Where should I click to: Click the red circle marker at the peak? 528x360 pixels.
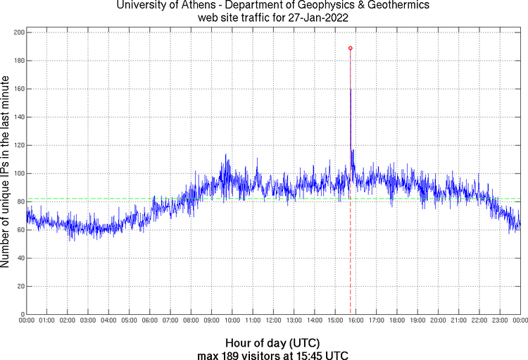pyautogui.click(x=351, y=48)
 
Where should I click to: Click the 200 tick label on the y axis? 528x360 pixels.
pyautogui.click(x=18, y=32)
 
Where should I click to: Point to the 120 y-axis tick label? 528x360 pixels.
pyautogui.click(x=18, y=145)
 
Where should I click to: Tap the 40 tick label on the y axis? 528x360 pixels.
pyautogui.click(x=20, y=258)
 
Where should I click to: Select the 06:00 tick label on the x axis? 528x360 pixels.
pyautogui.click(x=149, y=321)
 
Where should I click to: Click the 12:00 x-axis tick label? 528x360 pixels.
pyautogui.click(x=273, y=321)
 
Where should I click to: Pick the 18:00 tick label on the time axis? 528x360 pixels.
pyautogui.click(x=396, y=321)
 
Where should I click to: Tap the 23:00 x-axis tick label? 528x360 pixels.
pyautogui.click(x=500, y=321)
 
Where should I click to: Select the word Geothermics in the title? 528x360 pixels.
pyautogui.click(x=399, y=6)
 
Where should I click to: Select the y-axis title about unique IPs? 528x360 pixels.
pyautogui.click(x=6, y=172)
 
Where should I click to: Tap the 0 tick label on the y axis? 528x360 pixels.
pyautogui.click(x=22, y=314)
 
